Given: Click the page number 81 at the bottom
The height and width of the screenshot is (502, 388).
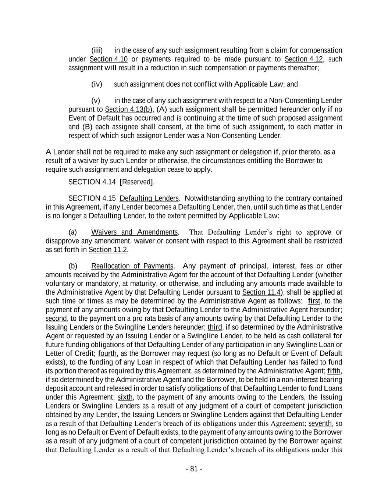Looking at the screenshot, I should point(194,469).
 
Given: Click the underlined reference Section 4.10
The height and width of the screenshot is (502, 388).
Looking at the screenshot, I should point(108,59).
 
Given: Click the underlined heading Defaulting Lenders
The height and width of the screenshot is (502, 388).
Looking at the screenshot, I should point(149,198).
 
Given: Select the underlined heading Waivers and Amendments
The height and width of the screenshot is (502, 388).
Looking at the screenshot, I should point(135,232).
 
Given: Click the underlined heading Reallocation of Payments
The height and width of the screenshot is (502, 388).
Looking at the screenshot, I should point(132,266).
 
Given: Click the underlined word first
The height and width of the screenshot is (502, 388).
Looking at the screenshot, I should point(314,301).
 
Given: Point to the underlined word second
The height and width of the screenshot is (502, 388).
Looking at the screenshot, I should point(56,318).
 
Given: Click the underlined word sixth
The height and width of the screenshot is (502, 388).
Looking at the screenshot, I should point(125,397).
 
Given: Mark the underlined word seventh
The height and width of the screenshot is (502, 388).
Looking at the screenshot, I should point(320,424).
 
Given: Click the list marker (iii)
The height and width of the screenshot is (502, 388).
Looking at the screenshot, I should point(97,50).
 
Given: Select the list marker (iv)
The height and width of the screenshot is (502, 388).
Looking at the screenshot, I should point(97,84).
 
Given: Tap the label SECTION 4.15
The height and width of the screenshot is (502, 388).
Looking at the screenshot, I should point(92,198).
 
